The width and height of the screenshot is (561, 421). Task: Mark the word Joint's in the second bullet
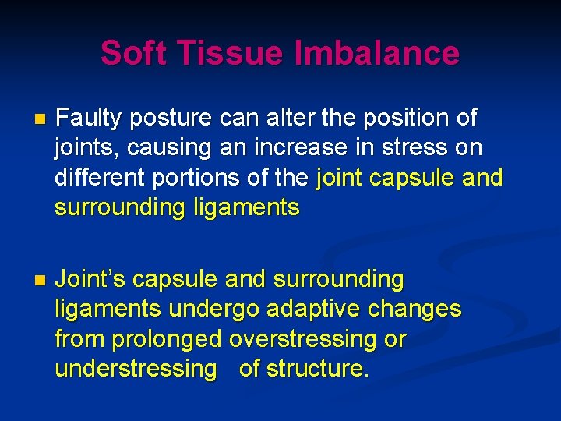90,279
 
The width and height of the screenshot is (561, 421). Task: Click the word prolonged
167,339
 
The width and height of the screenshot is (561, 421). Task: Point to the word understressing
136,369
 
